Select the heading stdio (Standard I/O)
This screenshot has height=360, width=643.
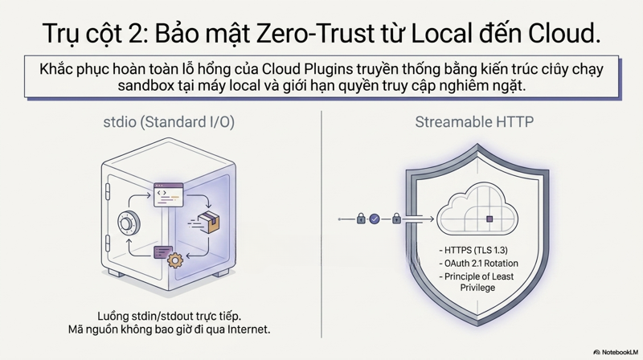[169, 122]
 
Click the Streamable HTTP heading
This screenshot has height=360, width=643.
[474, 122]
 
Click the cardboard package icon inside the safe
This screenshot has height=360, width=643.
[208, 223]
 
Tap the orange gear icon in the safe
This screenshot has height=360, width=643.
[175, 260]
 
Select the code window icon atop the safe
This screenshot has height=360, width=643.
[168, 195]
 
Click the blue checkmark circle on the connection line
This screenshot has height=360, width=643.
[375, 219]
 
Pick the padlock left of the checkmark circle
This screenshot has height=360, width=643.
[361, 219]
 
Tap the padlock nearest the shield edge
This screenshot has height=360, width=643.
[396, 219]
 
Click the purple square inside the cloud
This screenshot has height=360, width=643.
[489, 219]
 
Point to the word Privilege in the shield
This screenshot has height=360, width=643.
[477, 288]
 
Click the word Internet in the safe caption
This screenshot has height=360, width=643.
[249, 329]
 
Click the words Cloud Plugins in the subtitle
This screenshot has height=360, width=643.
[307, 69]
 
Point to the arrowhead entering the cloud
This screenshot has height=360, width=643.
[431, 219]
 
